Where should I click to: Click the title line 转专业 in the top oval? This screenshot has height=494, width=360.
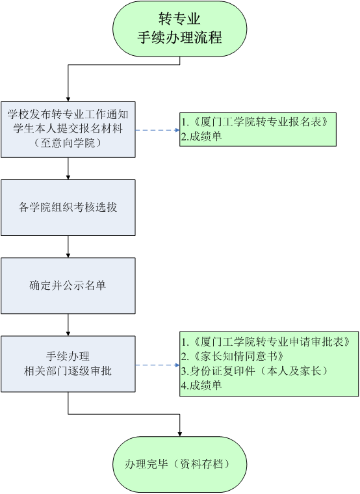pyautogui.click(x=179, y=19)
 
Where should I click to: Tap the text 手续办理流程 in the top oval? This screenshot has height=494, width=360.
pyautogui.click(x=179, y=38)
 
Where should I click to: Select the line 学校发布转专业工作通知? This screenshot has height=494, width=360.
pyautogui.click(x=68, y=114)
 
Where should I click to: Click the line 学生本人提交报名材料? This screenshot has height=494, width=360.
pyautogui.click(x=68, y=129)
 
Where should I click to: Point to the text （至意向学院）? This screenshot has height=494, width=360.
pyautogui.click(x=68, y=143)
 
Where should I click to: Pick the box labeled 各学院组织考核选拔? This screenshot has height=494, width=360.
pyautogui.click(x=68, y=207)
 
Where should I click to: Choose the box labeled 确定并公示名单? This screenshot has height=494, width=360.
pyautogui.click(x=68, y=286)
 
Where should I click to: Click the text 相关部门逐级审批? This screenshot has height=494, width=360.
pyautogui.click(x=68, y=370)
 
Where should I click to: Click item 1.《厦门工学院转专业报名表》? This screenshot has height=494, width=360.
pyautogui.click(x=255, y=122)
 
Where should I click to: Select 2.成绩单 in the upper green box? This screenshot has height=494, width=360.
pyautogui.click(x=201, y=136)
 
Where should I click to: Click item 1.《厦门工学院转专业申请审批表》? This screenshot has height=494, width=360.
pyautogui.click(x=266, y=342)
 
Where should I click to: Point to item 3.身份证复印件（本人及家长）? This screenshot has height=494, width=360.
pyautogui.click(x=255, y=370)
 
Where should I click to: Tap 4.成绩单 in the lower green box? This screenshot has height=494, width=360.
pyautogui.click(x=201, y=385)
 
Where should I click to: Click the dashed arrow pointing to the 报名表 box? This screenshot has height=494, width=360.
pyautogui.click(x=157, y=130)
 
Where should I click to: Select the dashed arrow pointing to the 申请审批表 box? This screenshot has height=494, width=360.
pyautogui.click(x=157, y=365)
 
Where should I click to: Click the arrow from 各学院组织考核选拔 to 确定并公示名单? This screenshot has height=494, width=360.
pyautogui.click(x=68, y=247)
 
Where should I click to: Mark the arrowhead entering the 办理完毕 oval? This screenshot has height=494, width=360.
pyautogui.click(x=180, y=434)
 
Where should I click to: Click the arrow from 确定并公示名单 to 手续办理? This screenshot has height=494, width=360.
pyautogui.click(x=68, y=325)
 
